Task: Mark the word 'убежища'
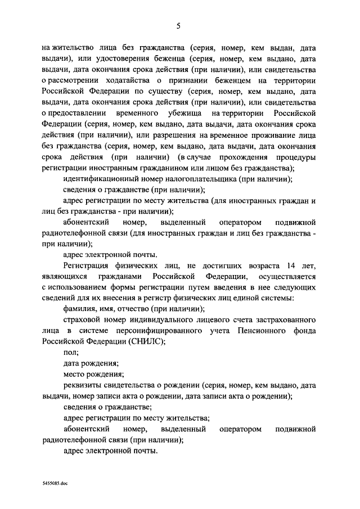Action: click(x=179, y=114)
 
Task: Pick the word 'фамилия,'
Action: click(x=80, y=309)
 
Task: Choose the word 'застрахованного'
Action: click(x=283, y=319)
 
